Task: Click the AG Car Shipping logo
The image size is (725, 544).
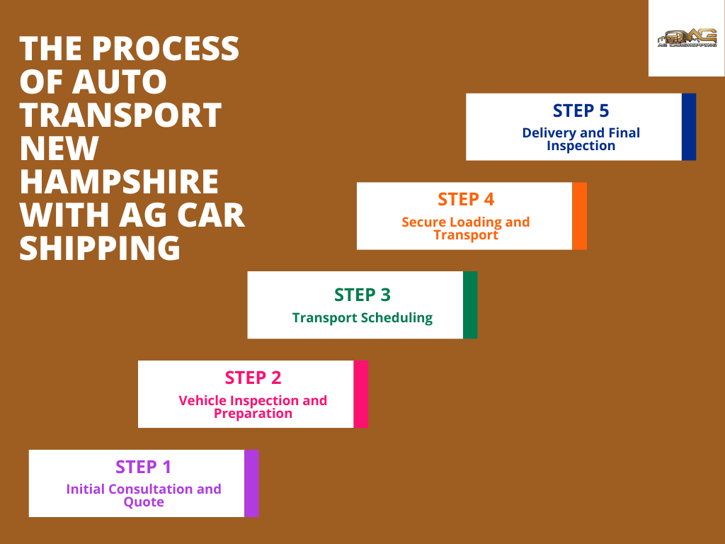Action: click(x=686, y=38)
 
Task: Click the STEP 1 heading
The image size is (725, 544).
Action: click(x=144, y=467)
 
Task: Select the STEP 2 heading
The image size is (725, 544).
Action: click(x=253, y=378)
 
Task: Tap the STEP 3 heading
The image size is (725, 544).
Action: click(x=362, y=295)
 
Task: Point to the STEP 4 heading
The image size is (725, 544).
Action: click(x=465, y=199)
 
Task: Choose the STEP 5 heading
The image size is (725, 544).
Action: click(x=581, y=110)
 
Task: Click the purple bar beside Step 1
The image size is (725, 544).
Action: click(x=251, y=483)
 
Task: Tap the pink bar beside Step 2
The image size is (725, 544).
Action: click(x=360, y=394)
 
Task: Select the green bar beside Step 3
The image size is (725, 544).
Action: click(x=470, y=305)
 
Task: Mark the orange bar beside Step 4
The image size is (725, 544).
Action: click(x=579, y=216)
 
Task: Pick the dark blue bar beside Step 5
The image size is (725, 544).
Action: click(x=689, y=127)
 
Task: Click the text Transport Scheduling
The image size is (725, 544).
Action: click(x=362, y=317)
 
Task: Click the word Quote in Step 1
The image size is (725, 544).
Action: click(x=144, y=502)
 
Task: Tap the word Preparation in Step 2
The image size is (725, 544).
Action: click(x=253, y=414)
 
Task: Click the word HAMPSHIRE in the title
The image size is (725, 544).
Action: click(x=119, y=182)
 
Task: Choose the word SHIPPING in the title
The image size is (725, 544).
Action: click(x=100, y=249)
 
